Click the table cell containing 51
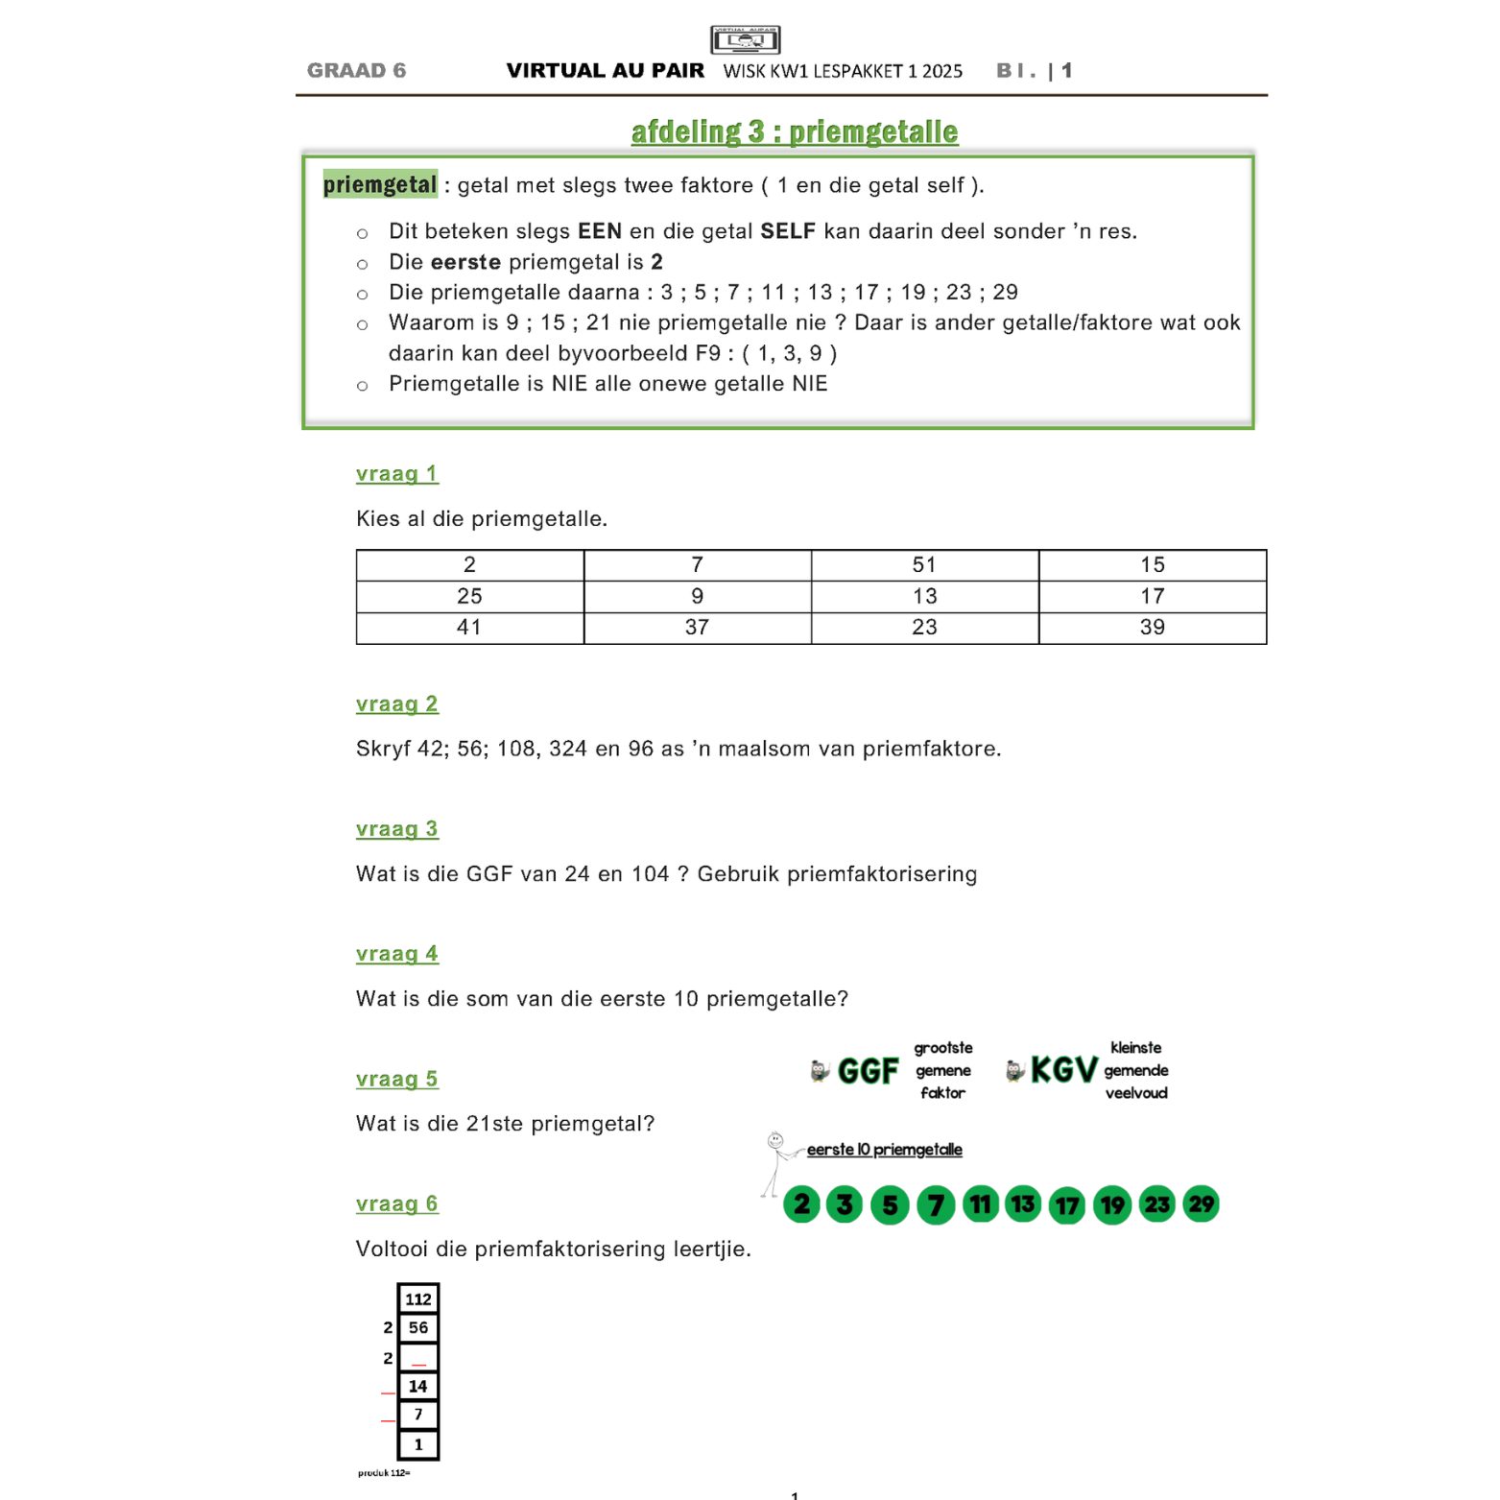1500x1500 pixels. [924, 565]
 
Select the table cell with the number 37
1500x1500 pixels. [697, 628]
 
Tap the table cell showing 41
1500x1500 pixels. [469, 628]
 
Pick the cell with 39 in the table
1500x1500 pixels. [1152, 628]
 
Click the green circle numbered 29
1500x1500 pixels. [1201, 1203]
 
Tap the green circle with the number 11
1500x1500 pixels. [980, 1203]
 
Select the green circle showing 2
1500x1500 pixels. [801, 1203]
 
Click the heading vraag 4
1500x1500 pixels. [396, 954]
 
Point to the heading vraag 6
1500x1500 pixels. [396, 1203]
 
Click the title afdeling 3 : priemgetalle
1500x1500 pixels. [794, 131]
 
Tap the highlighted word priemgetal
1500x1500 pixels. [379, 184]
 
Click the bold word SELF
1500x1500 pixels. [787, 231]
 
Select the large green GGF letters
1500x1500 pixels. [868, 1070]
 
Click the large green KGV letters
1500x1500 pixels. [1062, 1070]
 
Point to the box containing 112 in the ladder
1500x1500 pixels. [417, 1299]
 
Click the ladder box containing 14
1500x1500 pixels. [417, 1386]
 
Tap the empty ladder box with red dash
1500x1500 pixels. [417, 1357]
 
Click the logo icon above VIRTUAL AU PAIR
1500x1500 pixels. [745, 39]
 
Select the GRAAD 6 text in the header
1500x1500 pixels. [356, 70]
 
